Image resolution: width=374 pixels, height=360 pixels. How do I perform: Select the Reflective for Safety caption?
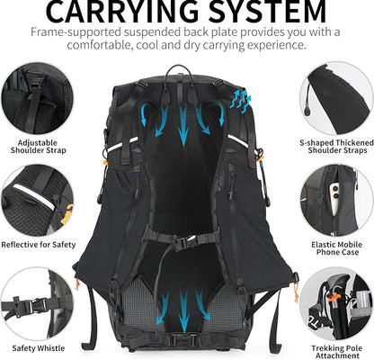coord(38,244)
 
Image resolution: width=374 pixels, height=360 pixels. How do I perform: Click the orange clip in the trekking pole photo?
coord(331,292)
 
